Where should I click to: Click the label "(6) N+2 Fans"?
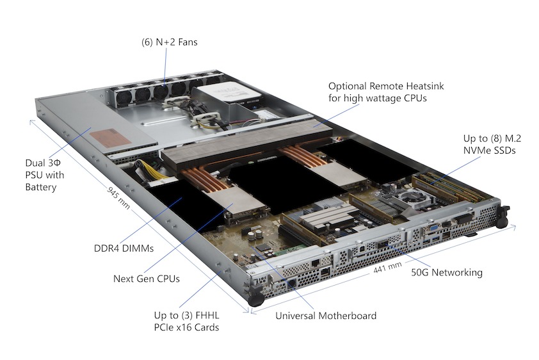(170, 42)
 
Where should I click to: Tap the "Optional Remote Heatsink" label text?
(386, 86)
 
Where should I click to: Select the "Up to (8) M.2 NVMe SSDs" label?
(492, 144)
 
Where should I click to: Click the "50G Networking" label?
(447, 272)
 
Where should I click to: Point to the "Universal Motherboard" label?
(326, 316)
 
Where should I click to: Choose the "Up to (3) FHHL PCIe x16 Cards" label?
(186, 321)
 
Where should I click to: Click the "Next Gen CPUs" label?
(147, 279)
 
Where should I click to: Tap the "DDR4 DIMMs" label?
(124, 249)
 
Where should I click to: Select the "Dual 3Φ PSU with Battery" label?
(45, 175)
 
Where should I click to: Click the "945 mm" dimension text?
(118, 198)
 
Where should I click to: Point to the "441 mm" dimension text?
(387, 268)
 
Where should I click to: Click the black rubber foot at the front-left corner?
(256, 300)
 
